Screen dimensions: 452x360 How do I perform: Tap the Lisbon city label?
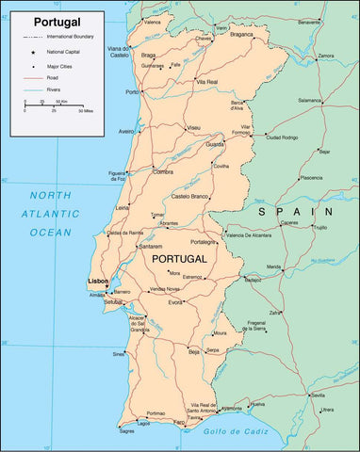coord(97,282)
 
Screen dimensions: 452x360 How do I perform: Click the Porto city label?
coord(132,92)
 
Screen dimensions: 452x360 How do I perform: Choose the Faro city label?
coord(178,423)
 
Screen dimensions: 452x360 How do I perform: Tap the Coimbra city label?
coord(162,171)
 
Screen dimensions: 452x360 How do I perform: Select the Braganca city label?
coord(242,34)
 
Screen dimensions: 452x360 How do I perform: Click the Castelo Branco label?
coord(195,195)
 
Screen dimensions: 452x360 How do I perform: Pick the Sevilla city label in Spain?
coord(318,395)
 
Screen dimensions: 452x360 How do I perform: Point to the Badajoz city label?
coord(253,280)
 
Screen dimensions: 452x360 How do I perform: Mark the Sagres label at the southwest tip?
coord(126,431)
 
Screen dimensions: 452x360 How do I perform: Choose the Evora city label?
coord(175,302)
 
